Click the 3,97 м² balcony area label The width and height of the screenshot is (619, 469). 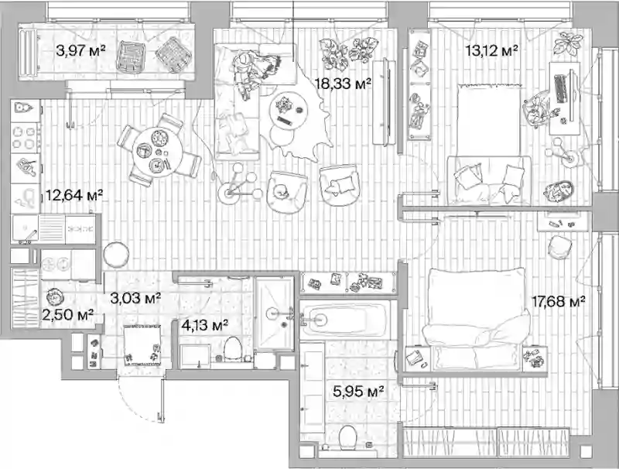pyautogui.click(x=80, y=50)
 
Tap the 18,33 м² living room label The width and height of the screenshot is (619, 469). pyautogui.click(x=343, y=84)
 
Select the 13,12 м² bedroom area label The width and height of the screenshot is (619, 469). pyautogui.click(x=491, y=50)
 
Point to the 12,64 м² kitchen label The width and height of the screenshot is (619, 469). pyautogui.click(x=74, y=195)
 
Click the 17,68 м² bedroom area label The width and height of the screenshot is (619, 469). pyautogui.click(x=558, y=302)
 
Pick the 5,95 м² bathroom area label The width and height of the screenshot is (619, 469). pyautogui.click(x=358, y=392)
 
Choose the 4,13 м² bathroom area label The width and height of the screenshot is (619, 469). pyautogui.click(x=204, y=325)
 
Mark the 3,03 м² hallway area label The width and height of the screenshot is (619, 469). pyautogui.click(x=135, y=298)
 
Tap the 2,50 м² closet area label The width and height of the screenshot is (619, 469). pyautogui.click(x=67, y=315)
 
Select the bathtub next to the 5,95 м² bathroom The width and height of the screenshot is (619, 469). pyautogui.click(x=344, y=319)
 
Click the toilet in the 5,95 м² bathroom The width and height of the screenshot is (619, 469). pyautogui.click(x=347, y=437)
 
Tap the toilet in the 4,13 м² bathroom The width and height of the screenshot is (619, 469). pyautogui.click(x=233, y=348)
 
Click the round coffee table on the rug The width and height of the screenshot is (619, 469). pyautogui.click(x=289, y=111)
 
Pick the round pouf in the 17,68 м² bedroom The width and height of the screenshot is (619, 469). pyautogui.click(x=559, y=247)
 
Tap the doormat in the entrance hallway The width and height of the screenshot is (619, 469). pyautogui.click(x=142, y=345)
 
